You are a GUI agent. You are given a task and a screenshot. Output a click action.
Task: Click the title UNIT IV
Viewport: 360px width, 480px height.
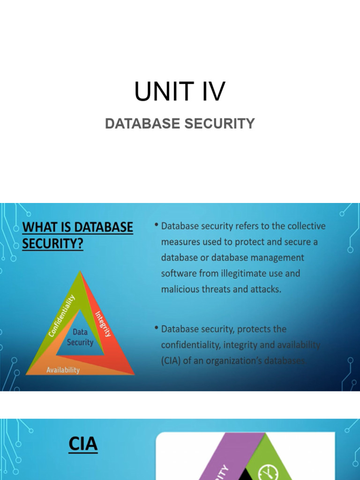180,91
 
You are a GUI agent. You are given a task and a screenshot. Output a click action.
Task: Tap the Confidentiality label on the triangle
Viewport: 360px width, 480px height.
62,315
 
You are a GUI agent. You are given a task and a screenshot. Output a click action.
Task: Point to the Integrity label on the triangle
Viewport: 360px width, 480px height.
103,324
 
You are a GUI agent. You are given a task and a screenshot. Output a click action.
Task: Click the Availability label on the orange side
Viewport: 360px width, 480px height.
63,370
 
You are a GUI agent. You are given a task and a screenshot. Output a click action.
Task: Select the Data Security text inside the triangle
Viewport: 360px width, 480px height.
80,337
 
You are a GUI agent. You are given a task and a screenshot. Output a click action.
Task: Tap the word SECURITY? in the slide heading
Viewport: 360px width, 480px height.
52,244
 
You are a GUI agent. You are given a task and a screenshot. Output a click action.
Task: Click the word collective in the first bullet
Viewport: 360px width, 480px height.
303,226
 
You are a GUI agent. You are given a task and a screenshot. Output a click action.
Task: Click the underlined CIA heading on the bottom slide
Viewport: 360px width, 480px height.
83,444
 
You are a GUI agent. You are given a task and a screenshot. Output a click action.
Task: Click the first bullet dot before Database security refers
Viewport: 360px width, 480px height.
156,225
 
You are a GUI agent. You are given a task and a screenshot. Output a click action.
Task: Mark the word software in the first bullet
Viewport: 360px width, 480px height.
178,273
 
